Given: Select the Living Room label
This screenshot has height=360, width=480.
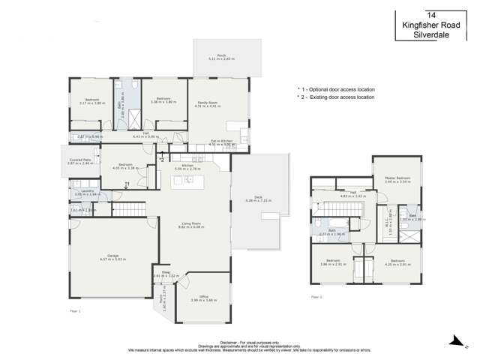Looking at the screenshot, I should (191, 223).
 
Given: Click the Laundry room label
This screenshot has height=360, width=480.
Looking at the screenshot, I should (82, 191).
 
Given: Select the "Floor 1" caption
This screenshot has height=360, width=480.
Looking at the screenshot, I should (74, 309).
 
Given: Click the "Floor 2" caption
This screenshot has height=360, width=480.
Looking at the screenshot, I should (316, 298).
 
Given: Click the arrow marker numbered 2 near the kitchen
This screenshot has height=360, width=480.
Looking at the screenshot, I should (160, 159).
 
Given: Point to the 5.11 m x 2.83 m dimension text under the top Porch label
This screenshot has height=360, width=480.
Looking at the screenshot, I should (221, 58).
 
